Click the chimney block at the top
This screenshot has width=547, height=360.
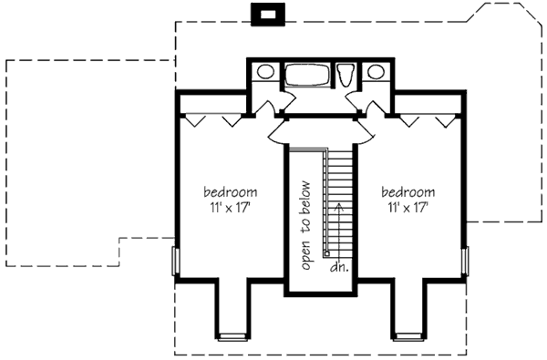[x=268, y=15]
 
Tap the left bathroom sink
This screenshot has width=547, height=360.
[x=265, y=72]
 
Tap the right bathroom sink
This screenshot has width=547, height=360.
[x=376, y=72]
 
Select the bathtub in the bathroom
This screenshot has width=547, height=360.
[x=307, y=75]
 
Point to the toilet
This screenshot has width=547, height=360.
[x=346, y=75]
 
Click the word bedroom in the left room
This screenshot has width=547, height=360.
[x=231, y=192]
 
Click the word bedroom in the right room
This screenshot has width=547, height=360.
[x=408, y=192]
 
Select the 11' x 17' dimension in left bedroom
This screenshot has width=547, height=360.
[x=231, y=208]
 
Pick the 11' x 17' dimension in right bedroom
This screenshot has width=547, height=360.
[x=408, y=208]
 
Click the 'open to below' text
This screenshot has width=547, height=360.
[x=305, y=225]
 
